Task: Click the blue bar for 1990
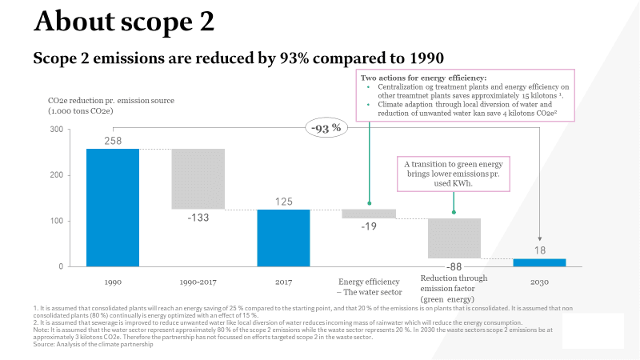[113, 207]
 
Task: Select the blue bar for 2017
[283, 238]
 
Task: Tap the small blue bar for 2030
[539, 262]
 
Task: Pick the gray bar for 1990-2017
[198, 178]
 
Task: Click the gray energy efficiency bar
[369, 214]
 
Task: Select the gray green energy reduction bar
[454, 238]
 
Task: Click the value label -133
[199, 218]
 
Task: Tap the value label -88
[454, 267]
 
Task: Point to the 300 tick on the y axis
[55, 130]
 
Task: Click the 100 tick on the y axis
[55, 221]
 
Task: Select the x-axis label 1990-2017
[198, 282]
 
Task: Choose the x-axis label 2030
[539, 282]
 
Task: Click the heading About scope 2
[124, 22]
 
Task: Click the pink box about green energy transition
[454, 173]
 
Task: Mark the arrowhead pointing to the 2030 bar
[539, 238]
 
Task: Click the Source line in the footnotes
[92, 345]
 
